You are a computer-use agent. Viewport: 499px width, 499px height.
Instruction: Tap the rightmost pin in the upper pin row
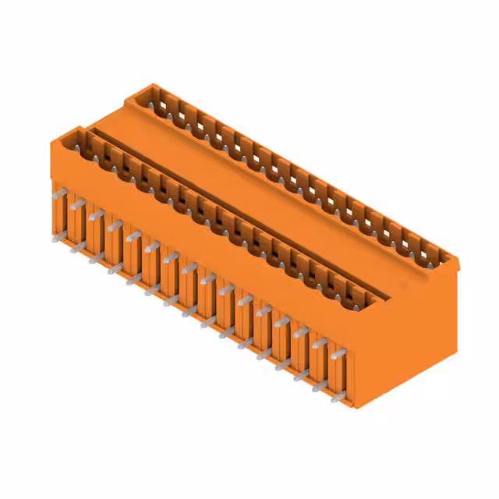coord(338,355)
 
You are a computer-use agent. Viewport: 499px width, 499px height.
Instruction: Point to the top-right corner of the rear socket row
coord(457,260)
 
